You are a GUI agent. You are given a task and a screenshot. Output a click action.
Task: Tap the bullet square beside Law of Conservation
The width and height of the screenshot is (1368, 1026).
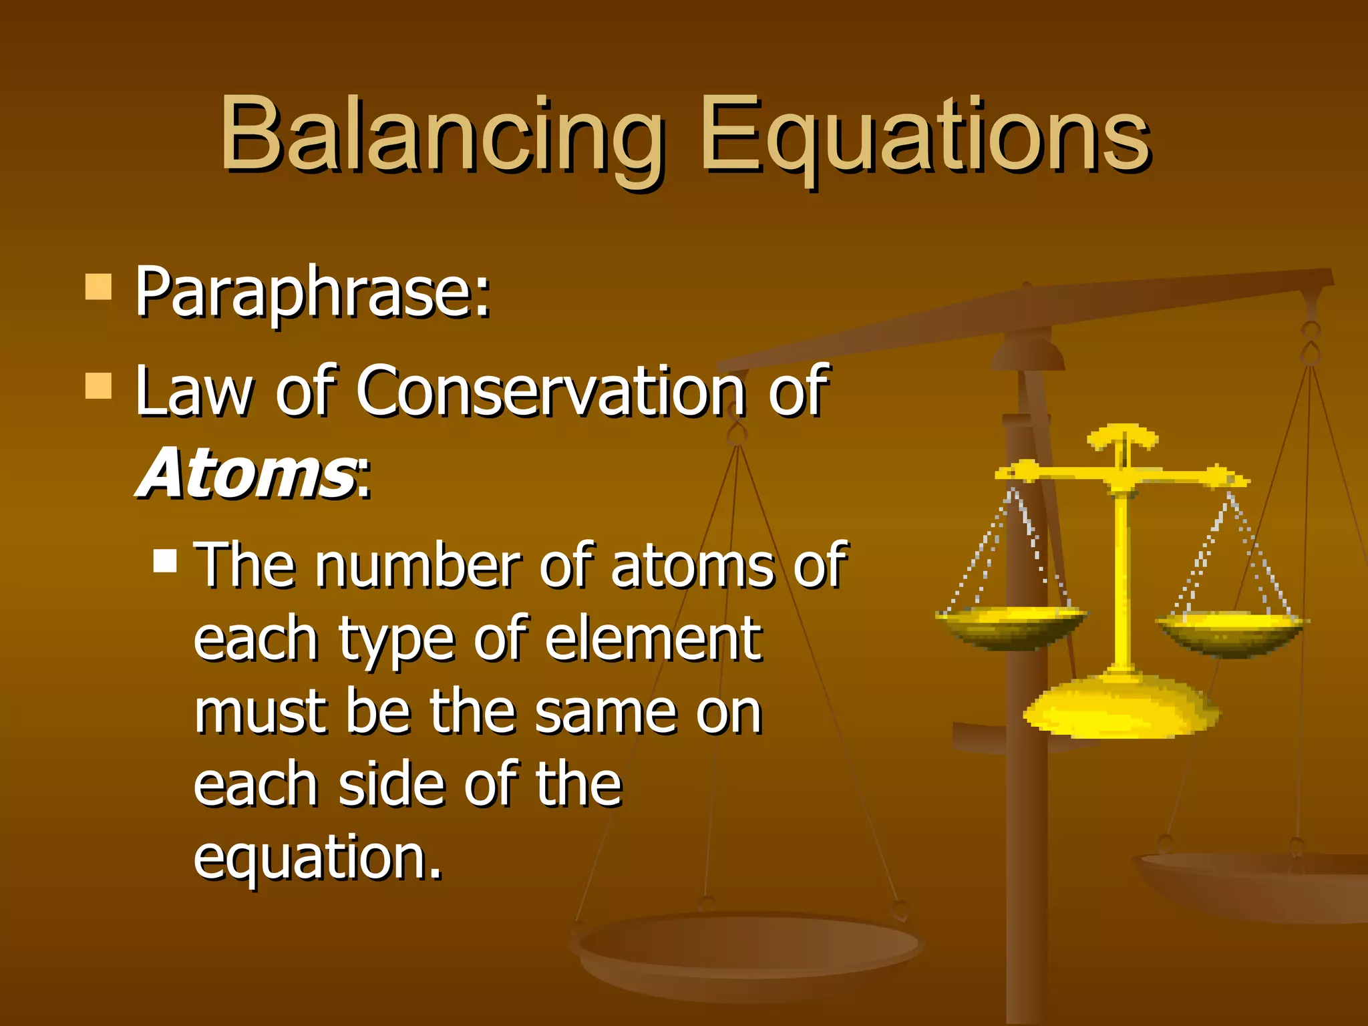[98, 385]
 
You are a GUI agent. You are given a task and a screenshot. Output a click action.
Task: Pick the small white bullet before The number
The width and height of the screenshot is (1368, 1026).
[165, 561]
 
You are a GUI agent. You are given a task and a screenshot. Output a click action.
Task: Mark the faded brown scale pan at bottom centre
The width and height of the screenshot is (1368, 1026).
[748, 949]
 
